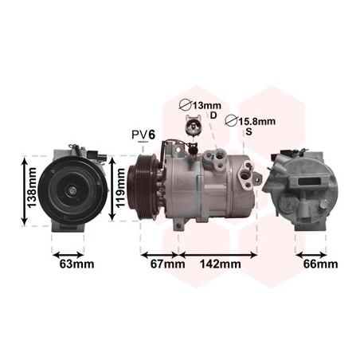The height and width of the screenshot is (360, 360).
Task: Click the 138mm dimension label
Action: click(32, 188)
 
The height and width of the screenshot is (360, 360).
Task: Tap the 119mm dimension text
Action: click(120, 188)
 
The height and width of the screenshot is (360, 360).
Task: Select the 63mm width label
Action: click(76, 264)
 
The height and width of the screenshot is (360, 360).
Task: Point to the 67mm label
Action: click(168, 264)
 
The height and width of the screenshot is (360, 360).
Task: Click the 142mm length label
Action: click(221, 264)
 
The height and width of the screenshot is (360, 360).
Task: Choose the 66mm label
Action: click(321, 264)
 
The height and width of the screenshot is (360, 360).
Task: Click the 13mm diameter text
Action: click(206, 106)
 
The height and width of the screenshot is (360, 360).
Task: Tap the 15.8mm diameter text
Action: click(256, 122)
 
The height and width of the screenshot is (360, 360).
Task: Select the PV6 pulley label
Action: click(143, 135)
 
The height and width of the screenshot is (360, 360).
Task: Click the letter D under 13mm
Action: click(213, 115)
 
